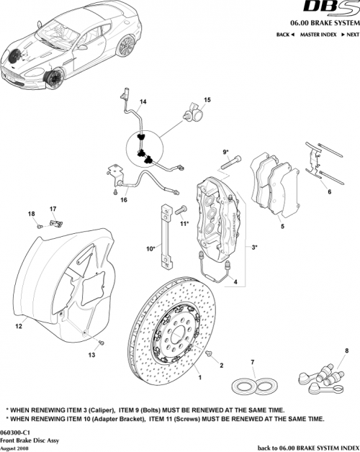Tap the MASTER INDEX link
pyautogui.click(x=318, y=35)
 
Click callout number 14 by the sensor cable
pyautogui.click(x=143, y=101)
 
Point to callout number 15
pyautogui.click(x=207, y=99)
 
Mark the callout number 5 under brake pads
pyautogui.click(x=282, y=227)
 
